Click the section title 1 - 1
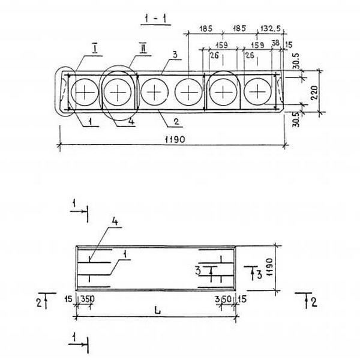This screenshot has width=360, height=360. (156, 19)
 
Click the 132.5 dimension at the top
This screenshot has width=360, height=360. (270, 29)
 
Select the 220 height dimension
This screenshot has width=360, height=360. (314, 92)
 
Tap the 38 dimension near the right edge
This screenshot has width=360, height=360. (276, 43)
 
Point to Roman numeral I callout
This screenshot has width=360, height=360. (95, 49)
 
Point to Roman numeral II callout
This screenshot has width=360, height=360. (143, 48)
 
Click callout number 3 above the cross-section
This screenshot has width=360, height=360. (175, 55)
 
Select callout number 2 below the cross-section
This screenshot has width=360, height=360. (176, 121)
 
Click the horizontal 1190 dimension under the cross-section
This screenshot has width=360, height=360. (175, 139)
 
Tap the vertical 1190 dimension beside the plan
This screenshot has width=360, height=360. (269, 267)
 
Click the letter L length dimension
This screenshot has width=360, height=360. (157, 311)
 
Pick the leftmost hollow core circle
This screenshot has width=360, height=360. (85, 92)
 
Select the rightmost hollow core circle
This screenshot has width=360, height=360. (257, 92)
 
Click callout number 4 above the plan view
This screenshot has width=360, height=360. (115, 221)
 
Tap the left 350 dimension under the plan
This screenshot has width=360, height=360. (88, 299)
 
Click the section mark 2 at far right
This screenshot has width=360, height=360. (314, 302)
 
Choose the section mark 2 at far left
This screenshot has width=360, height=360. (39, 302)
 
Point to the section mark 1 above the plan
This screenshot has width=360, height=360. (74, 203)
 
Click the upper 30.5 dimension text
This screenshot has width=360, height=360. (296, 61)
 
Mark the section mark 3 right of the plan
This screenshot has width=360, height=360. (259, 275)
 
